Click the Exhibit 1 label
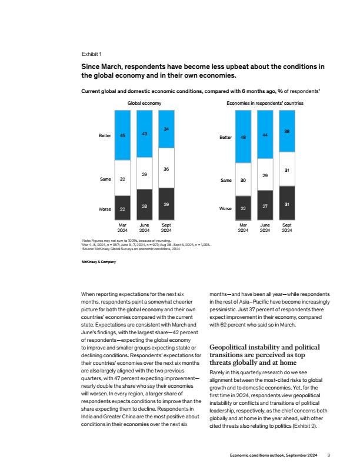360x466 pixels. point(92,54)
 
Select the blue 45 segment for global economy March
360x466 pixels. point(122,135)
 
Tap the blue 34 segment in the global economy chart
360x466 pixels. point(166,129)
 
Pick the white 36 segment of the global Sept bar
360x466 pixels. point(166,168)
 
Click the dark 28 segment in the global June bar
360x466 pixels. point(144,205)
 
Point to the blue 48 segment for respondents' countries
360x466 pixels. point(243,137)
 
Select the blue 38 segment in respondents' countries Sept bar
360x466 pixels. point(287,131)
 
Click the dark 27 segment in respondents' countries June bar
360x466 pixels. point(265,205)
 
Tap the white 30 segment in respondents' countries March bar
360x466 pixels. point(243,179)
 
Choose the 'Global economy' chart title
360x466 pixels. point(144,103)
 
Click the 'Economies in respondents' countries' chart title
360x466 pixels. point(265,103)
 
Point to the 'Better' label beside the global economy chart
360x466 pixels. point(105,135)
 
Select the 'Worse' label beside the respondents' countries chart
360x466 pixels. point(225,209)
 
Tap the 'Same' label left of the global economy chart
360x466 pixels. point(105,179)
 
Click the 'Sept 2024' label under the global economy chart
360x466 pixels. point(166,228)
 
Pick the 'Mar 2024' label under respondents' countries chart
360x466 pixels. point(243,228)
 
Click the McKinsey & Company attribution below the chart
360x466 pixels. point(99,262)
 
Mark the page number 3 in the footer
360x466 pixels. point(328,455)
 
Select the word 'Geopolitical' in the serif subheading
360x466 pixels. point(228,347)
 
